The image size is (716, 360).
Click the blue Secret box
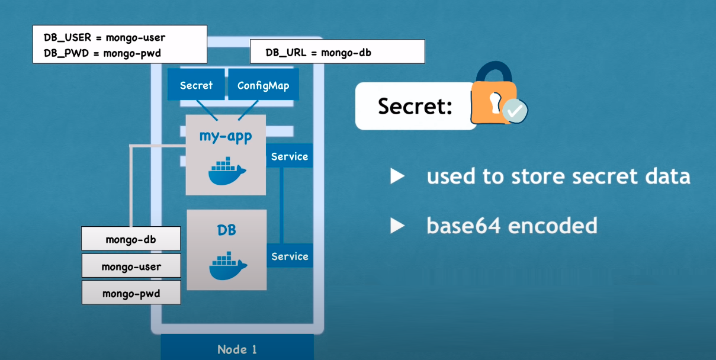tap(196, 85)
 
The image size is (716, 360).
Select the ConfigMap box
tap(264, 85)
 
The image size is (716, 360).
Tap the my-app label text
tap(226, 137)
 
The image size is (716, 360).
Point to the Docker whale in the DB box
tap(228, 266)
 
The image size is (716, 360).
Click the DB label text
tap(227, 230)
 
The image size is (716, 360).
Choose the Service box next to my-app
tap(289, 156)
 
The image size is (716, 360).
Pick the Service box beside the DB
tap(290, 256)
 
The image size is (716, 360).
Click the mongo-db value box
tap(131, 239)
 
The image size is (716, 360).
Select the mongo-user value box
tap(131, 266)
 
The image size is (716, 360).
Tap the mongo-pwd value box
tap(131, 292)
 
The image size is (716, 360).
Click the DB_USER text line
tap(104, 38)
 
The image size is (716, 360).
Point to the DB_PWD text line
tap(102, 53)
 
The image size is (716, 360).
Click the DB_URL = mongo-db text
tap(319, 53)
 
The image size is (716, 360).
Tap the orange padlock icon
tap(494, 93)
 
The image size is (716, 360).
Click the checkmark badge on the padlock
tap(515, 111)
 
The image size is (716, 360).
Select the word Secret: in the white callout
tap(415, 106)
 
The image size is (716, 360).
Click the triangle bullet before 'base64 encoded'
tap(397, 226)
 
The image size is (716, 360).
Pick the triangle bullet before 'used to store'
tap(397, 176)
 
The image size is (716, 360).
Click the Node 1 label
tap(237, 349)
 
